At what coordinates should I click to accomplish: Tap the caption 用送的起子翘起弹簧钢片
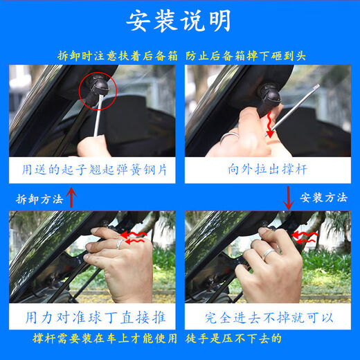coord(91,169)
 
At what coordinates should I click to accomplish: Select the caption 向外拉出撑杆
coord(267,169)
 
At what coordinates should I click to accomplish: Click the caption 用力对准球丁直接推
coord(91,318)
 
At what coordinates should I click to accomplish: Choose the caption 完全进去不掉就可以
coord(267,318)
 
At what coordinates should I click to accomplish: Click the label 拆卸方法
coord(39,199)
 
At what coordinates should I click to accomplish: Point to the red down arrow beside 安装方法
coord(289,198)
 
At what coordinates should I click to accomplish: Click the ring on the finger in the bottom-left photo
coord(119,244)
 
